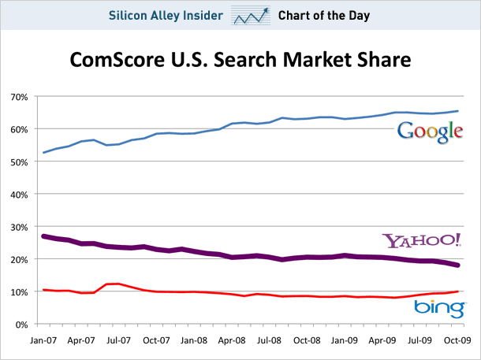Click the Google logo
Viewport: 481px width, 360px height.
(430, 131)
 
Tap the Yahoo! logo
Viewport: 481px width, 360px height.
(421, 240)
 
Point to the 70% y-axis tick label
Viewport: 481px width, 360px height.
(20, 97)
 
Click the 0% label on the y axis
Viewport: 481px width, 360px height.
(22, 324)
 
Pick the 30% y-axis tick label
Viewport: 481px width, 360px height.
(20, 227)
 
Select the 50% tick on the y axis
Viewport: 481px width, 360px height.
(20, 161)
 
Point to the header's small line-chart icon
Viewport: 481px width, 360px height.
(251, 15)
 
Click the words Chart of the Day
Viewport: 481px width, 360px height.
(324, 15)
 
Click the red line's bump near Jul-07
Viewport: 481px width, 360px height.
(114, 284)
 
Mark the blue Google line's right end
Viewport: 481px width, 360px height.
(459, 111)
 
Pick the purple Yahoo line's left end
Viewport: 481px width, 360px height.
(43, 236)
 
